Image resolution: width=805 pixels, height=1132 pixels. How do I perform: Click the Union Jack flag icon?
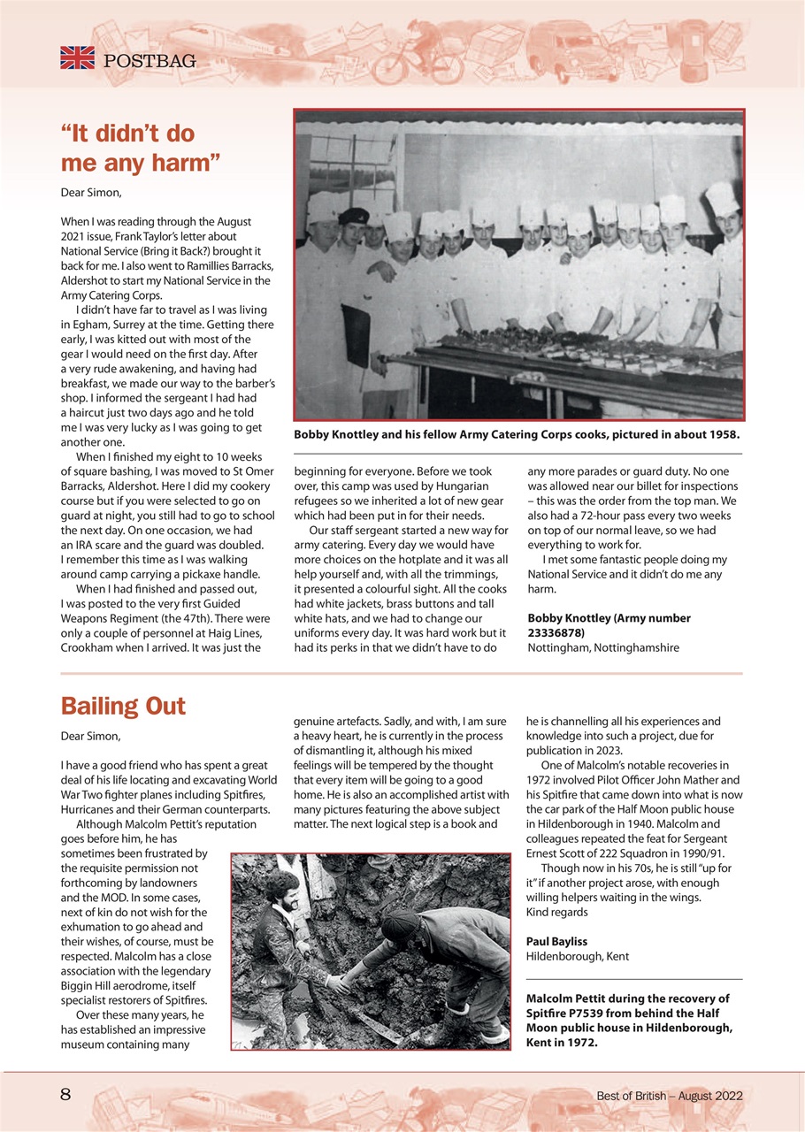[77, 58]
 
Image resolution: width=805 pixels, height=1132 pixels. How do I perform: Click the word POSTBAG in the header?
[149, 61]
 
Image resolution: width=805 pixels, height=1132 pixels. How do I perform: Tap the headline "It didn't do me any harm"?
[140, 149]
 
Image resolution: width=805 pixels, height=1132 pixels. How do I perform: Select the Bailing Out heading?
[123, 706]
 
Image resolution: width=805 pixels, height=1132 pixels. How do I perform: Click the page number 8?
[65, 1095]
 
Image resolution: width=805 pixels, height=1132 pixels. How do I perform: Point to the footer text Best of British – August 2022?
[669, 1096]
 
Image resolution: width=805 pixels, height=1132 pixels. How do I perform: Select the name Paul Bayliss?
[556, 941]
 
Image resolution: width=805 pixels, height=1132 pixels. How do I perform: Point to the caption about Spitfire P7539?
[627, 1020]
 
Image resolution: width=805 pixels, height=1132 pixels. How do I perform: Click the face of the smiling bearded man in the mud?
[285, 895]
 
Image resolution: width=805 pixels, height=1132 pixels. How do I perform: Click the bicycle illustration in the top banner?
[417, 60]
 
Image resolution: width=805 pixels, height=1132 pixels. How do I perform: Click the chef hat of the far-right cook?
[722, 198]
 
